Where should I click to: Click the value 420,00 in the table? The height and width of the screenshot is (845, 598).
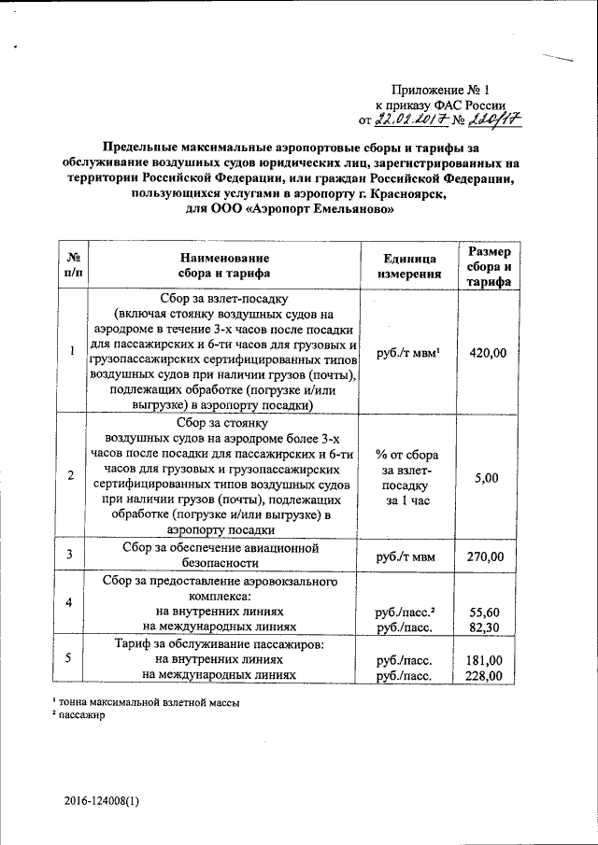click(x=487, y=353)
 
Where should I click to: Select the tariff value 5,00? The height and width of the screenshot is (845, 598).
click(x=487, y=477)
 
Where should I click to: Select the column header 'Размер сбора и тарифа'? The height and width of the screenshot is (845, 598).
click(x=490, y=267)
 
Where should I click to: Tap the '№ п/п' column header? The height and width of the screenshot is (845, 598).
click(x=71, y=266)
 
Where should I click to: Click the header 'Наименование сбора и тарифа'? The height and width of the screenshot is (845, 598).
click(x=224, y=266)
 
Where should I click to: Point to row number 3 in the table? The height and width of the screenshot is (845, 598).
click(x=71, y=556)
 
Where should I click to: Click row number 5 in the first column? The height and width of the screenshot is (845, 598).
click(x=71, y=659)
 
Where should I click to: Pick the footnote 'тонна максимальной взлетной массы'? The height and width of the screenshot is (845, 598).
click(x=148, y=702)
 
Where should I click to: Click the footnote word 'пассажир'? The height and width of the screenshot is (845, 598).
click(x=81, y=716)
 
